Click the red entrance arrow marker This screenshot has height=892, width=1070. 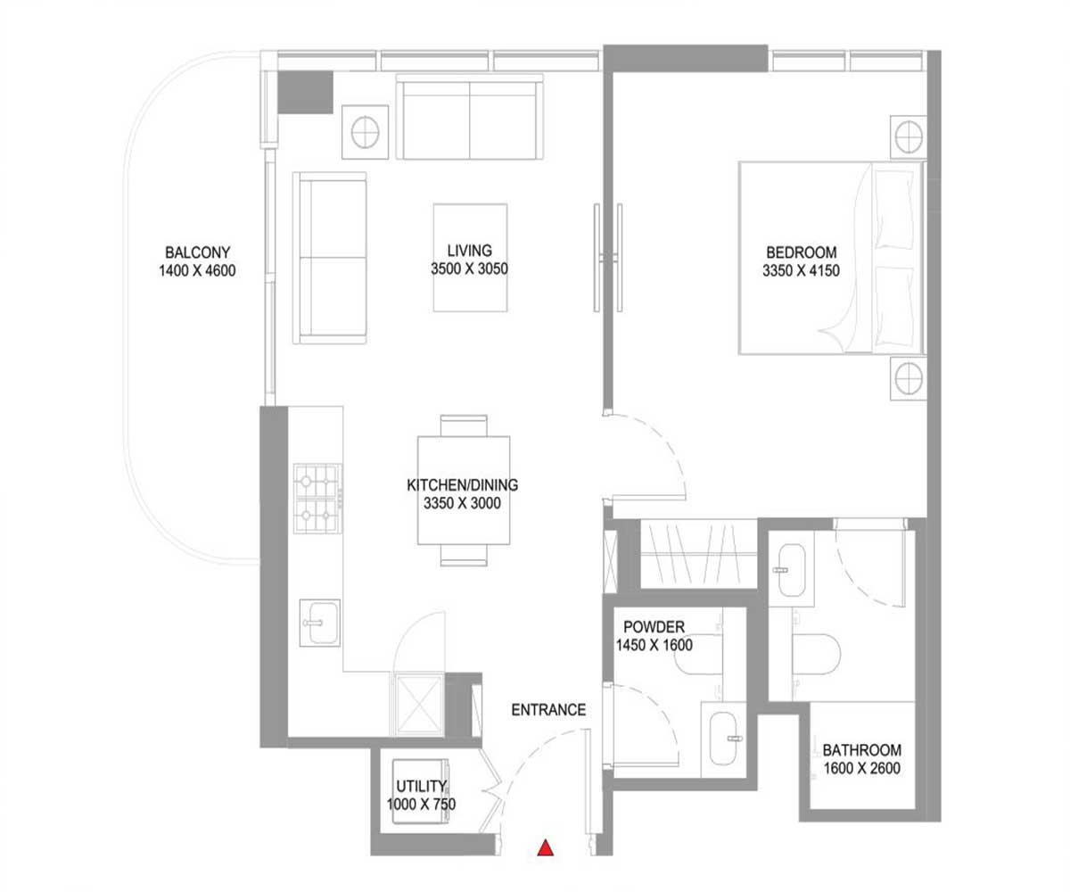tap(546, 848)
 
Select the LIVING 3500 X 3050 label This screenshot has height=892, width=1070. tap(470, 260)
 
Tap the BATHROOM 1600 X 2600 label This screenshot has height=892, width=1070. tap(861, 758)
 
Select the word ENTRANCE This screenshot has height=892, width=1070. tap(548, 710)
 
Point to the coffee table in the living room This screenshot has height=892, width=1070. tap(470, 258)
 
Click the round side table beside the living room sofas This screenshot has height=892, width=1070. tap(365, 132)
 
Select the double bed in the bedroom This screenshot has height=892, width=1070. tap(829, 258)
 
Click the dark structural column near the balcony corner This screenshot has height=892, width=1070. tap(305, 93)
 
